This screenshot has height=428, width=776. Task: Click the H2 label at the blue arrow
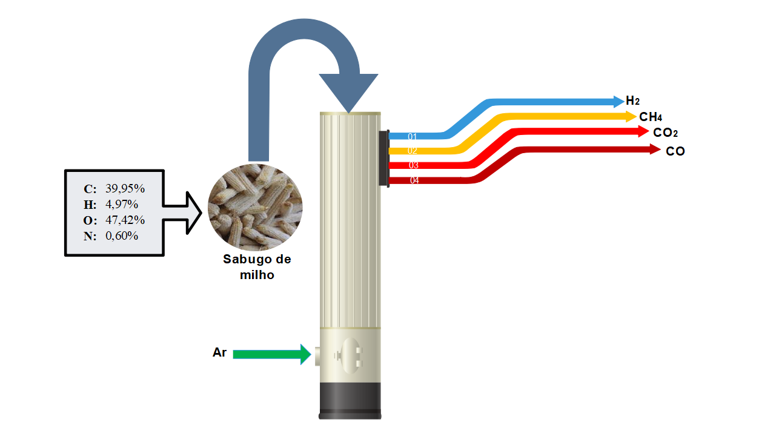(x=632, y=101)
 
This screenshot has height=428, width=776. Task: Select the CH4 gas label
(x=651, y=117)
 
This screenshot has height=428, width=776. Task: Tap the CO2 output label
(x=665, y=133)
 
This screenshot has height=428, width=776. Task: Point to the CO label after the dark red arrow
(x=675, y=151)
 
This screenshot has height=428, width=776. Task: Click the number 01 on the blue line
(x=413, y=137)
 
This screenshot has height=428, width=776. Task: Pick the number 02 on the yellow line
(x=413, y=151)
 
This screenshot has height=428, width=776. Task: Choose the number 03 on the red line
(x=414, y=165)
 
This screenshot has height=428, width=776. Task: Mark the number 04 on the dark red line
(x=414, y=180)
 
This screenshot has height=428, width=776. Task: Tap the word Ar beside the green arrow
(x=219, y=352)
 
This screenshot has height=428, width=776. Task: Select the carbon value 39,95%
(x=125, y=188)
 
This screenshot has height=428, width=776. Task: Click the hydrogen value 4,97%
(x=122, y=203)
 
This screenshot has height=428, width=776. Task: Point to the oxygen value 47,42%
(x=125, y=219)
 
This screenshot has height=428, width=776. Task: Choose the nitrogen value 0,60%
(x=122, y=235)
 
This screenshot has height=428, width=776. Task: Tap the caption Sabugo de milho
(x=257, y=267)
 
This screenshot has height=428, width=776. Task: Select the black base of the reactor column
(x=350, y=400)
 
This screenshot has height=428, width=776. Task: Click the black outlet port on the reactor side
(x=383, y=158)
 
